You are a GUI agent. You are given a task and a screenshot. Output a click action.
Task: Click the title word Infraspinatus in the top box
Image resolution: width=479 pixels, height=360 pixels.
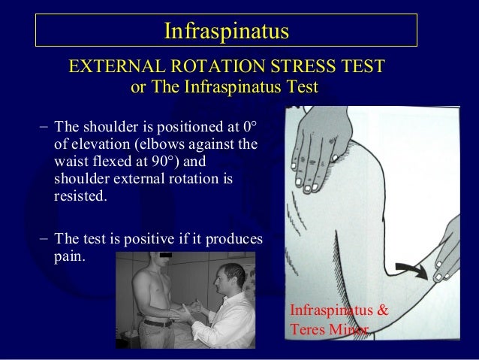(x=226, y=32)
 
